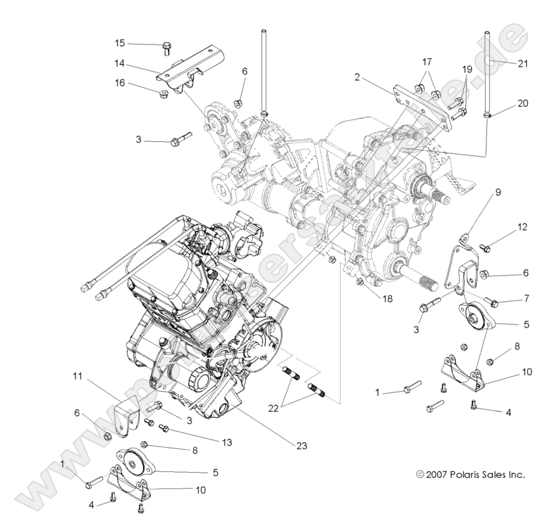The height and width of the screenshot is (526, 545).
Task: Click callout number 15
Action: pos(119,43)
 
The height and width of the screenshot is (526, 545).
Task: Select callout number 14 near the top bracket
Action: pos(119,65)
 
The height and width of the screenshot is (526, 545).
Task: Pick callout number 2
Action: pos(357,77)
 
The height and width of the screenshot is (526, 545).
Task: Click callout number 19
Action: pos(467,70)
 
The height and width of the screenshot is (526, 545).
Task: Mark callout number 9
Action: pos(498,192)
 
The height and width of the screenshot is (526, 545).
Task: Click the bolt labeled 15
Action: pos(166,48)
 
